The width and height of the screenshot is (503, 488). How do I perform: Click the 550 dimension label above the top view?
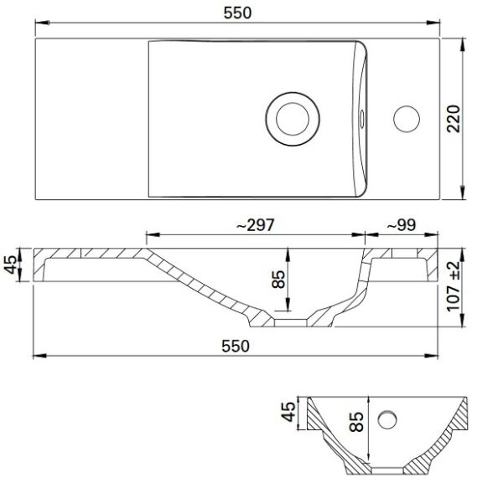pos(238,13)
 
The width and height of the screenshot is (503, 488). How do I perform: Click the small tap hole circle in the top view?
pos(407,116)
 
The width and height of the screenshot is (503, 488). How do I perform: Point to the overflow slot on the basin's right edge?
pos(361,117)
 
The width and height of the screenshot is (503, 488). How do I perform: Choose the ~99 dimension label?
pos(401,224)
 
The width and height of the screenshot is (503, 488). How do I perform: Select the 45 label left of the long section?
pos(11,265)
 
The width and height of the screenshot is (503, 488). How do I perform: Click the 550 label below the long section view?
pos(238,347)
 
